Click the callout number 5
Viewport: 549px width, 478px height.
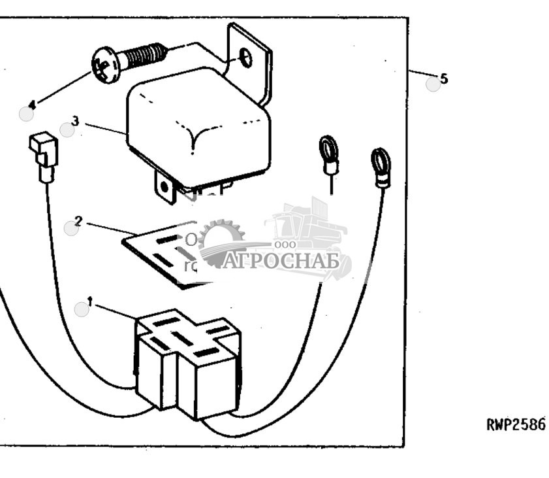[444, 79]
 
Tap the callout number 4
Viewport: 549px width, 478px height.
[32, 103]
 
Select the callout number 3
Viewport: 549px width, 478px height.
[76, 121]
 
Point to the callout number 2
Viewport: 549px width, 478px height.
[78, 221]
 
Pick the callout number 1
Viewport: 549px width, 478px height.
[90, 301]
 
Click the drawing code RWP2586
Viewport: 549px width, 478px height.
[516, 424]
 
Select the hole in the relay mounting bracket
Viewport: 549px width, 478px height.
[246, 58]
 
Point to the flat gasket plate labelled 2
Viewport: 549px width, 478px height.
[163, 252]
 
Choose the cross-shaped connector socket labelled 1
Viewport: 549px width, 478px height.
[187, 361]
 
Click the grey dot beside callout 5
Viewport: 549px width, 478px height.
[433, 84]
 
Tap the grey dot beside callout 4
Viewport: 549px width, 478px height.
[26, 114]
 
